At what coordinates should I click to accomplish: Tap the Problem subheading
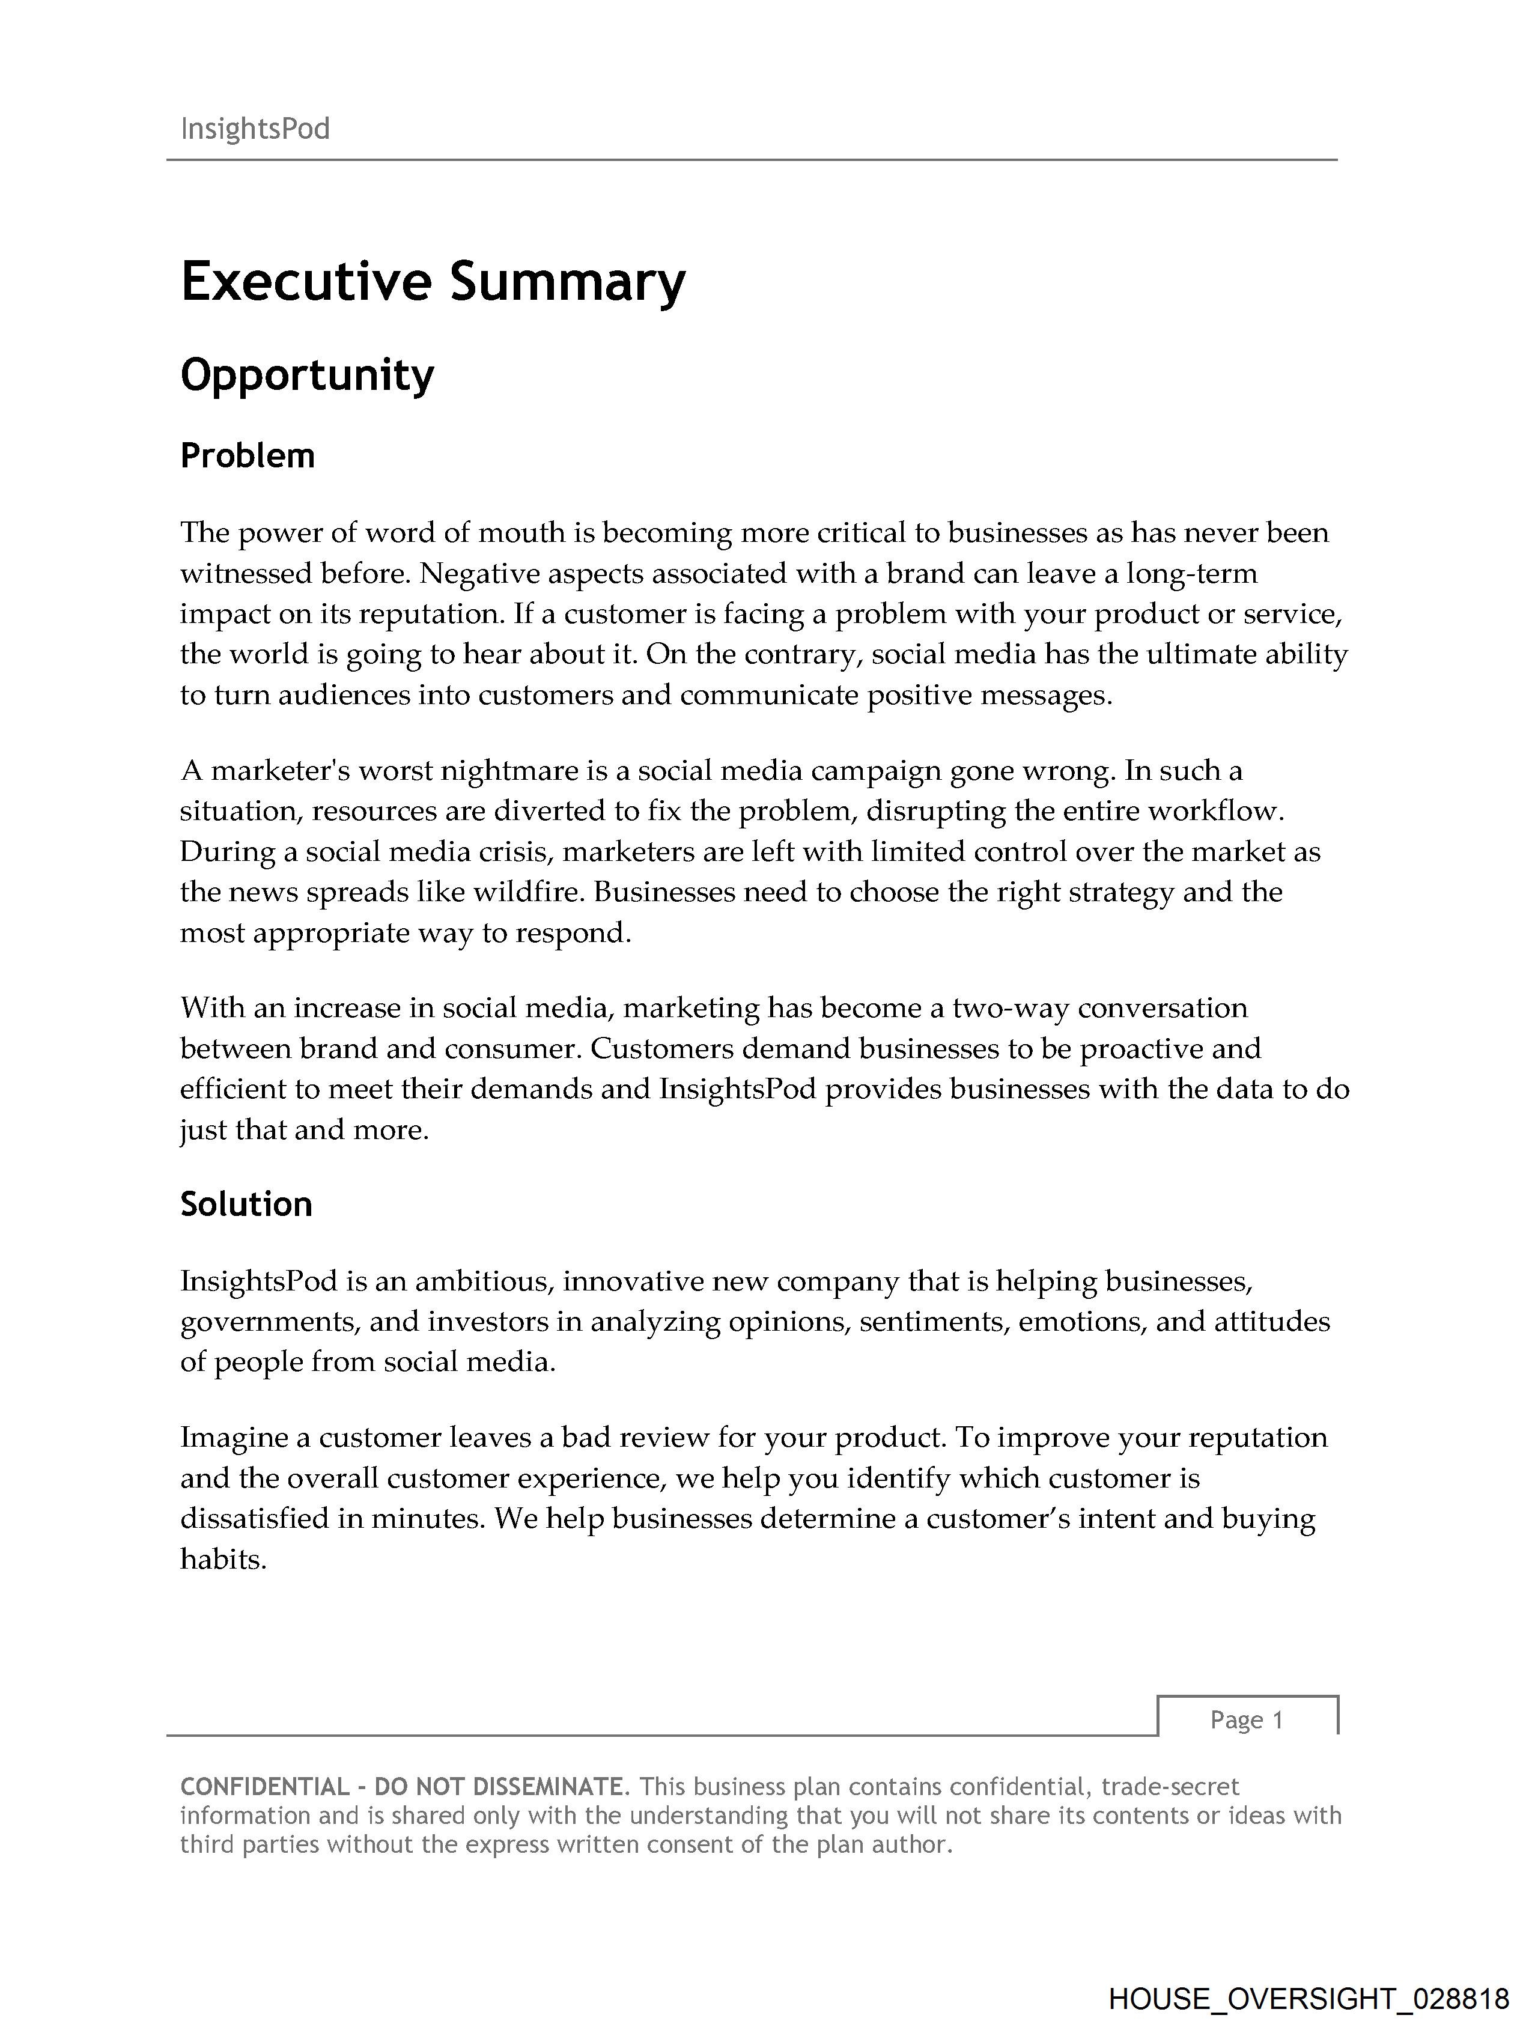(247, 455)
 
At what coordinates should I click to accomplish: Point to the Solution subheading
(246, 1204)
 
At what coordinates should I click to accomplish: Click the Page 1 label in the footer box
(1247, 1720)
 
